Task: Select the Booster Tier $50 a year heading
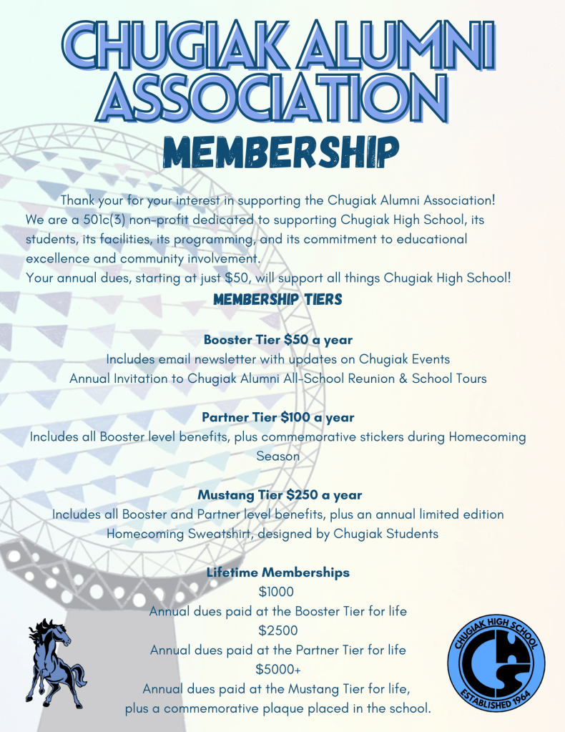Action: click(x=278, y=339)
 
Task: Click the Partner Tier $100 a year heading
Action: click(x=278, y=417)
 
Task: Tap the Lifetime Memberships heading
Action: click(x=278, y=572)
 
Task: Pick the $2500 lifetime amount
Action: click(x=278, y=630)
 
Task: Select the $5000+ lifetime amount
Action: click(x=278, y=670)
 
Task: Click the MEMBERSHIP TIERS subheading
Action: click(x=278, y=300)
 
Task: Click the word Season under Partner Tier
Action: click(x=278, y=456)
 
